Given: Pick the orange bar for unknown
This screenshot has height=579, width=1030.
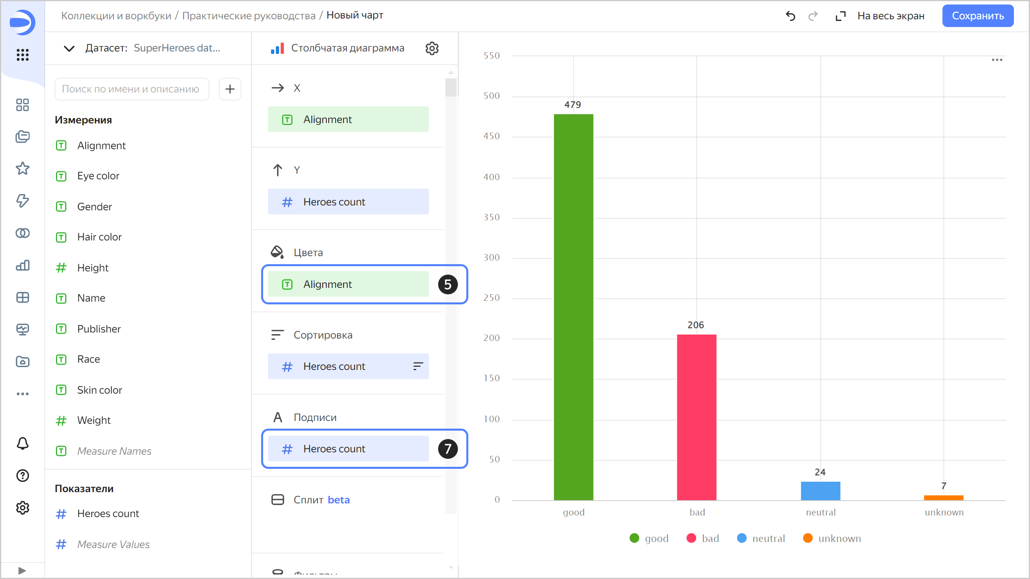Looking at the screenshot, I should tap(943, 498).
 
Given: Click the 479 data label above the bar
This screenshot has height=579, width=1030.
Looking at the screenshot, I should tap(573, 105).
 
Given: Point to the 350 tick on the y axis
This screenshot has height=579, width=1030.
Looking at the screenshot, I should tap(492, 218).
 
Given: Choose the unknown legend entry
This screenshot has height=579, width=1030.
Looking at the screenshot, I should tap(832, 538).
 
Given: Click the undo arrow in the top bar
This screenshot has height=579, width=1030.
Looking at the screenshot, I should tap(790, 16).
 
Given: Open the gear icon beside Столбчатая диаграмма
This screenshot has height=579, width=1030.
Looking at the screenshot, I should tap(432, 48).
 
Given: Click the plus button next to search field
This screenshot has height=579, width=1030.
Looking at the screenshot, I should tap(230, 89).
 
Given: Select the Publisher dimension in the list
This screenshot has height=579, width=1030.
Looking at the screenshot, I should tap(99, 329).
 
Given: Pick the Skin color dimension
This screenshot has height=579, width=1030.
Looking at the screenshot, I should tap(99, 390).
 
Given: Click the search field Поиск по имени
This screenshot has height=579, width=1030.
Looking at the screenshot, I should tap(132, 89).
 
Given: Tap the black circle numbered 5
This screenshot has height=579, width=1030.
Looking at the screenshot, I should tap(447, 284).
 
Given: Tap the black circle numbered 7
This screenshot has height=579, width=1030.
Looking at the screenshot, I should tap(447, 449).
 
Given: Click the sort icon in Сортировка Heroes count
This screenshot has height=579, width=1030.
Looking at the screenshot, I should tap(418, 366).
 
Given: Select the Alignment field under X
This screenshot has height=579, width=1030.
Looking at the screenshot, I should tap(348, 119).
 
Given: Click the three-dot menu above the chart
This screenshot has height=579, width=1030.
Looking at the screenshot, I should tap(997, 60).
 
